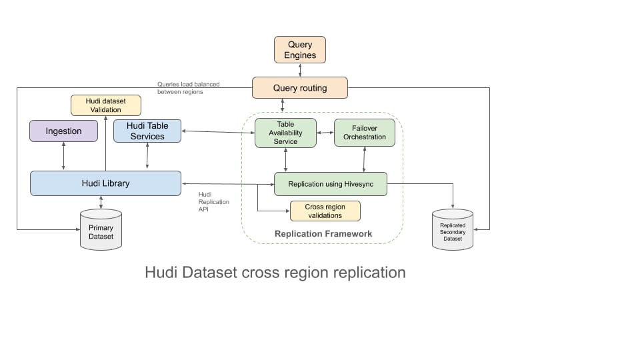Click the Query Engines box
click(300, 50)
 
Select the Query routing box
click(299, 88)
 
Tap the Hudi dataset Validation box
click(106, 105)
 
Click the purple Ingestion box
click(63, 131)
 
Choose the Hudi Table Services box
click(147, 131)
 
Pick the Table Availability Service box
click(285, 133)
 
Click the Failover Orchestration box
click(364, 133)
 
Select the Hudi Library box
click(105, 183)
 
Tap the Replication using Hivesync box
click(330, 183)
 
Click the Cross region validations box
click(325, 211)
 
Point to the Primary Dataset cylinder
click(101, 231)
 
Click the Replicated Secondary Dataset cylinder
click(453, 231)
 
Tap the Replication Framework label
click(323, 234)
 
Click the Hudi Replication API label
click(213, 201)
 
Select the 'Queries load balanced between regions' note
click(188, 88)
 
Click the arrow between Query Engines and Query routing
click(300, 70)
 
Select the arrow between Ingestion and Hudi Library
click(63, 157)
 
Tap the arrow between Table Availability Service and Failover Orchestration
click(325, 133)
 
